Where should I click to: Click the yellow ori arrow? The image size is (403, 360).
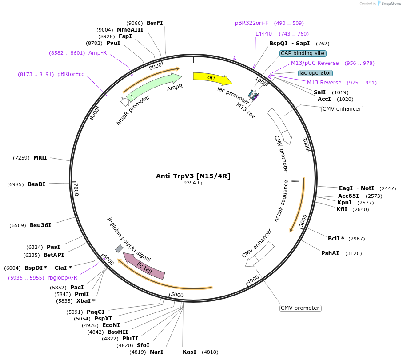(x=211, y=78)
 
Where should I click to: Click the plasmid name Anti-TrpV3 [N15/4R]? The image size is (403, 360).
(x=193, y=176)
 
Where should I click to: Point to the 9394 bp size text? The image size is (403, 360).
(x=193, y=183)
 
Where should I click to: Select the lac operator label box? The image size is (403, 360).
(x=315, y=73)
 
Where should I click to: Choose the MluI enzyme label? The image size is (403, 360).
(x=40, y=158)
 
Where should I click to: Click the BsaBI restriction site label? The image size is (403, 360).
(x=36, y=184)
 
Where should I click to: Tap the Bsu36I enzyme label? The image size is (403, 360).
(x=40, y=225)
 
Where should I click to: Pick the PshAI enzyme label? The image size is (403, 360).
(x=330, y=253)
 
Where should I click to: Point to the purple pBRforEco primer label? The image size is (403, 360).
(x=71, y=74)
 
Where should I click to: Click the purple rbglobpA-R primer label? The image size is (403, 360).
(x=62, y=278)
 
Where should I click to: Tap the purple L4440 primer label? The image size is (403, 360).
(x=263, y=34)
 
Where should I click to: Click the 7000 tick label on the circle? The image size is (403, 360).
(x=76, y=189)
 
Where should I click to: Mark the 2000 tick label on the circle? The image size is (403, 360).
(x=306, y=144)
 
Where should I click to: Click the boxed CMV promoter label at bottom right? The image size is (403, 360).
(x=300, y=308)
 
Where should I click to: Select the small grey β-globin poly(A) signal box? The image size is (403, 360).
(x=119, y=248)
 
